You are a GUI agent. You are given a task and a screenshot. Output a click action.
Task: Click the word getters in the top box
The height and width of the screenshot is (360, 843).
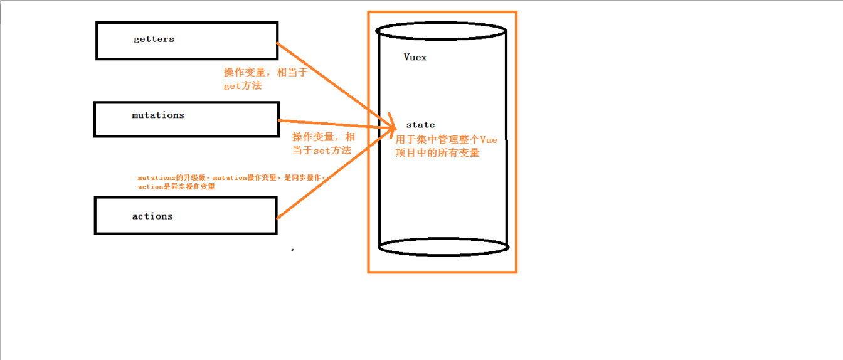(154, 39)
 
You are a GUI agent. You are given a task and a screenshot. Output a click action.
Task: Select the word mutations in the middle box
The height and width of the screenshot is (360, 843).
(158, 115)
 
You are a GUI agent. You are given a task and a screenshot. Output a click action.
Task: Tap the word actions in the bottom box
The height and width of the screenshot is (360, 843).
(152, 216)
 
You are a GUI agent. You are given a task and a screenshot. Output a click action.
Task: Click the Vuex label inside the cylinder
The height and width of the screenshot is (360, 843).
(415, 57)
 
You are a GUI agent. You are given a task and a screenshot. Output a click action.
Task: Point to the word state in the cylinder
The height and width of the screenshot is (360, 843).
(420, 125)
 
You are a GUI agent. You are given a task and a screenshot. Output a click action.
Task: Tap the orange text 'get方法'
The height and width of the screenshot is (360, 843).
(243, 86)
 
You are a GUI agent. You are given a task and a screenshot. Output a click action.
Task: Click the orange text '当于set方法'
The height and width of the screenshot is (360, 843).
(321, 151)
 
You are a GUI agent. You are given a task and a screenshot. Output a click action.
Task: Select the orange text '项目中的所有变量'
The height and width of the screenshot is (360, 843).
(437, 153)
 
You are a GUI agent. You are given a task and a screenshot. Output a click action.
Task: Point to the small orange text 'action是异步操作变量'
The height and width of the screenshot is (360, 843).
(176, 187)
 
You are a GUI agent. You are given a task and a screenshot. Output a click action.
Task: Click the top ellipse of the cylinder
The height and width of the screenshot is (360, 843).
(442, 30)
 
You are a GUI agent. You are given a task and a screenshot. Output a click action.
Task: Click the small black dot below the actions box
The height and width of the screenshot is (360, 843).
(292, 250)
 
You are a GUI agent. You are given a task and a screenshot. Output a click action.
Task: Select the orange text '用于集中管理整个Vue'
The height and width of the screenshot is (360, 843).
(446, 140)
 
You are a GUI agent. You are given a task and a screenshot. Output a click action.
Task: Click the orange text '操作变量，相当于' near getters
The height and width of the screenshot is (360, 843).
(266, 73)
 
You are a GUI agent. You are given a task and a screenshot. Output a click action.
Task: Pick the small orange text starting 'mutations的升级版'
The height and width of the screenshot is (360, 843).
(231, 178)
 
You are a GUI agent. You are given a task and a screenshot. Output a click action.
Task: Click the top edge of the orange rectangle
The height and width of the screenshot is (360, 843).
(442, 12)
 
